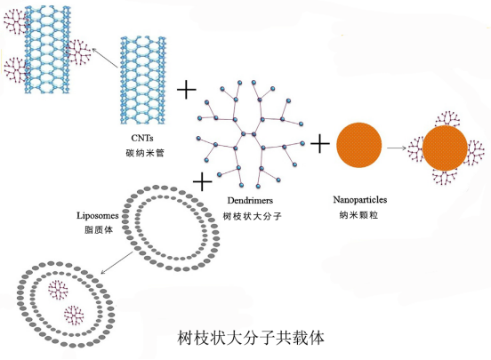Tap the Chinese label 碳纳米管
(x=141, y=153)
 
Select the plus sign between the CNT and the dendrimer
(x=187, y=90)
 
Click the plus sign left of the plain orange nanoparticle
(x=320, y=142)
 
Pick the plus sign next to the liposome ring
(x=203, y=182)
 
